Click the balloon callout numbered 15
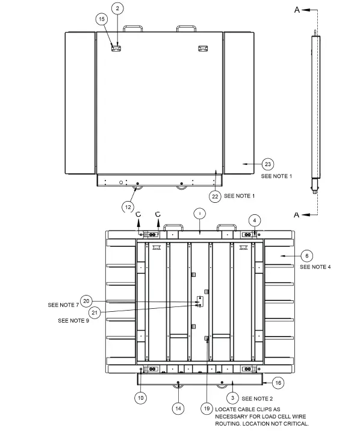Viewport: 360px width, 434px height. pos(101,19)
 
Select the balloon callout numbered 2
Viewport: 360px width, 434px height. pos(118,8)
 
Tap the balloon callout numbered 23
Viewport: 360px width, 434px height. pos(268,164)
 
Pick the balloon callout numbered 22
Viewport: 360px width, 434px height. pos(214,196)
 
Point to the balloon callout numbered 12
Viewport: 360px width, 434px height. pos(128,206)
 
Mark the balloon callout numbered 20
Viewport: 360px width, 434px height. pos(86,300)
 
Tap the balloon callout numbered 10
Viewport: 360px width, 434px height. pos(141,397)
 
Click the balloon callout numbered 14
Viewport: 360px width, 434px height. pos(178,408)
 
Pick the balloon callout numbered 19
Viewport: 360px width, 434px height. pos(206,408)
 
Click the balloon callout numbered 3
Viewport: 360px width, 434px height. pos(232,398)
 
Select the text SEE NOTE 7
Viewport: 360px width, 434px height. pos(63,305)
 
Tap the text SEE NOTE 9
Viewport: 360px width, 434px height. pos(74,321)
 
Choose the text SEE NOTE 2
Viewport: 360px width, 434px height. pos(258,398)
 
